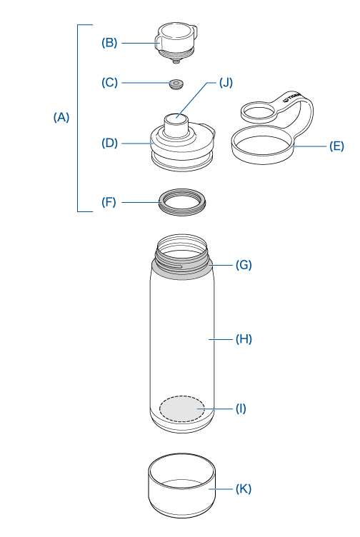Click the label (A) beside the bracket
click(x=61, y=117)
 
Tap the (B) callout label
click(x=109, y=42)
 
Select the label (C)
click(x=109, y=83)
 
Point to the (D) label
click(x=109, y=143)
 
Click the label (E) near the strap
click(x=336, y=146)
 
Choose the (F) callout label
click(x=109, y=202)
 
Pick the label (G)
click(x=244, y=265)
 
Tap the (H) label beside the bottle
click(x=244, y=339)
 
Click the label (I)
click(x=241, y=408)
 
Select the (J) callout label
click(x=226, y=83)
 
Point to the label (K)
click(x=244, y=488)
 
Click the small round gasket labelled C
click(x=176, y=84)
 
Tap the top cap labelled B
click(x=176, y=43)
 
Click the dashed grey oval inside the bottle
click(x=182, y=408)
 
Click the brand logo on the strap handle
click(x=292, y=97)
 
